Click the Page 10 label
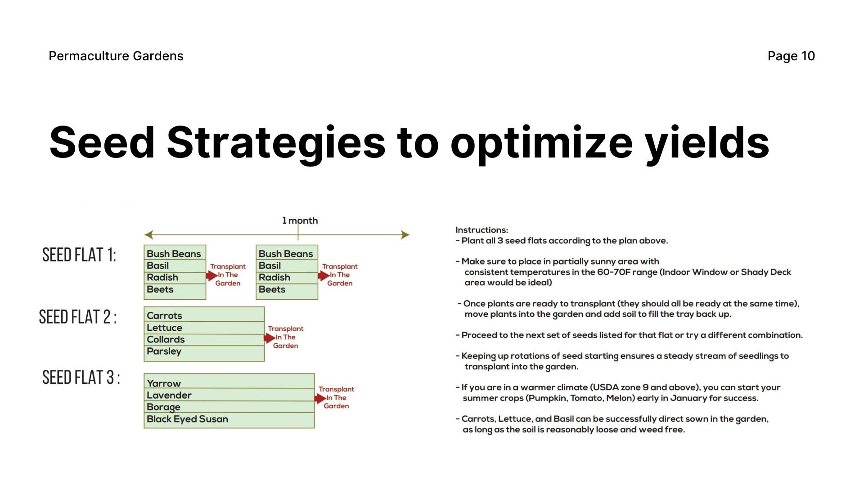791,56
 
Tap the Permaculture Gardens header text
116,56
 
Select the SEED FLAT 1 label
79,255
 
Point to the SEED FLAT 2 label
78,317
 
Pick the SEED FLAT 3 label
81,377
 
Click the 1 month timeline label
300,220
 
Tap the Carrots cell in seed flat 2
204,315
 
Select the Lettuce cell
204,328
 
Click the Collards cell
204,340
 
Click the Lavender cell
229,395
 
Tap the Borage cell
229,407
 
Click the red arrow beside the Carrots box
270,338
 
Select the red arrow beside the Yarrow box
320,398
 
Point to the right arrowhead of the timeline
405,234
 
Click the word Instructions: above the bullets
481,230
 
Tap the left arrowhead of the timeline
148,234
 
